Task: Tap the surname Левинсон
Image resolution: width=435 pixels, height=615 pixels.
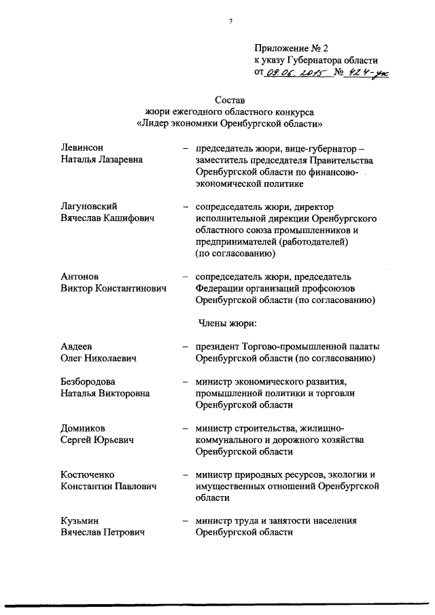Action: click(84, 147)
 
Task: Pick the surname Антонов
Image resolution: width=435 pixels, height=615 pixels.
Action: click(80, 276)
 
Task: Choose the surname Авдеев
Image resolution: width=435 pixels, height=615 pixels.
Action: click(77, 346)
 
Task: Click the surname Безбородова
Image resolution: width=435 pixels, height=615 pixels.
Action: click(88, 381)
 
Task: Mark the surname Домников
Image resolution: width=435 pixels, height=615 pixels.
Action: click(84, 428)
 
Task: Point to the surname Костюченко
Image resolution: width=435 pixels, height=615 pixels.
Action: click(87, 474)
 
